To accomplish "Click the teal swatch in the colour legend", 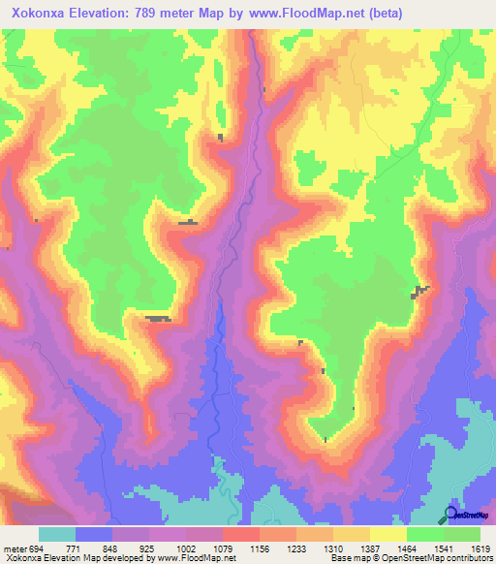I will pyautogui.click(x=57, y=535).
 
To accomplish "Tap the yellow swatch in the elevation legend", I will pyautogui.click(x=387, y=535).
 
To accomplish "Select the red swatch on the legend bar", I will pyautogui.click(x=240, y=535).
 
